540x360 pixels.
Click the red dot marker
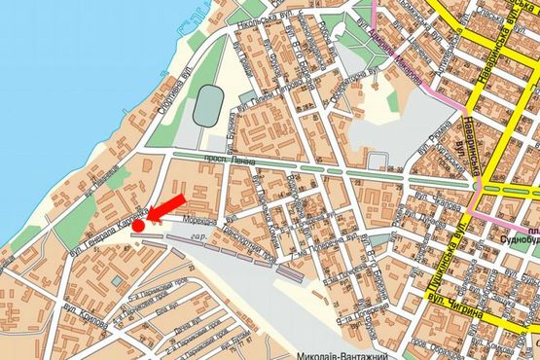coord(138,226)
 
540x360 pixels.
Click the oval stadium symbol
coord(206,103)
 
